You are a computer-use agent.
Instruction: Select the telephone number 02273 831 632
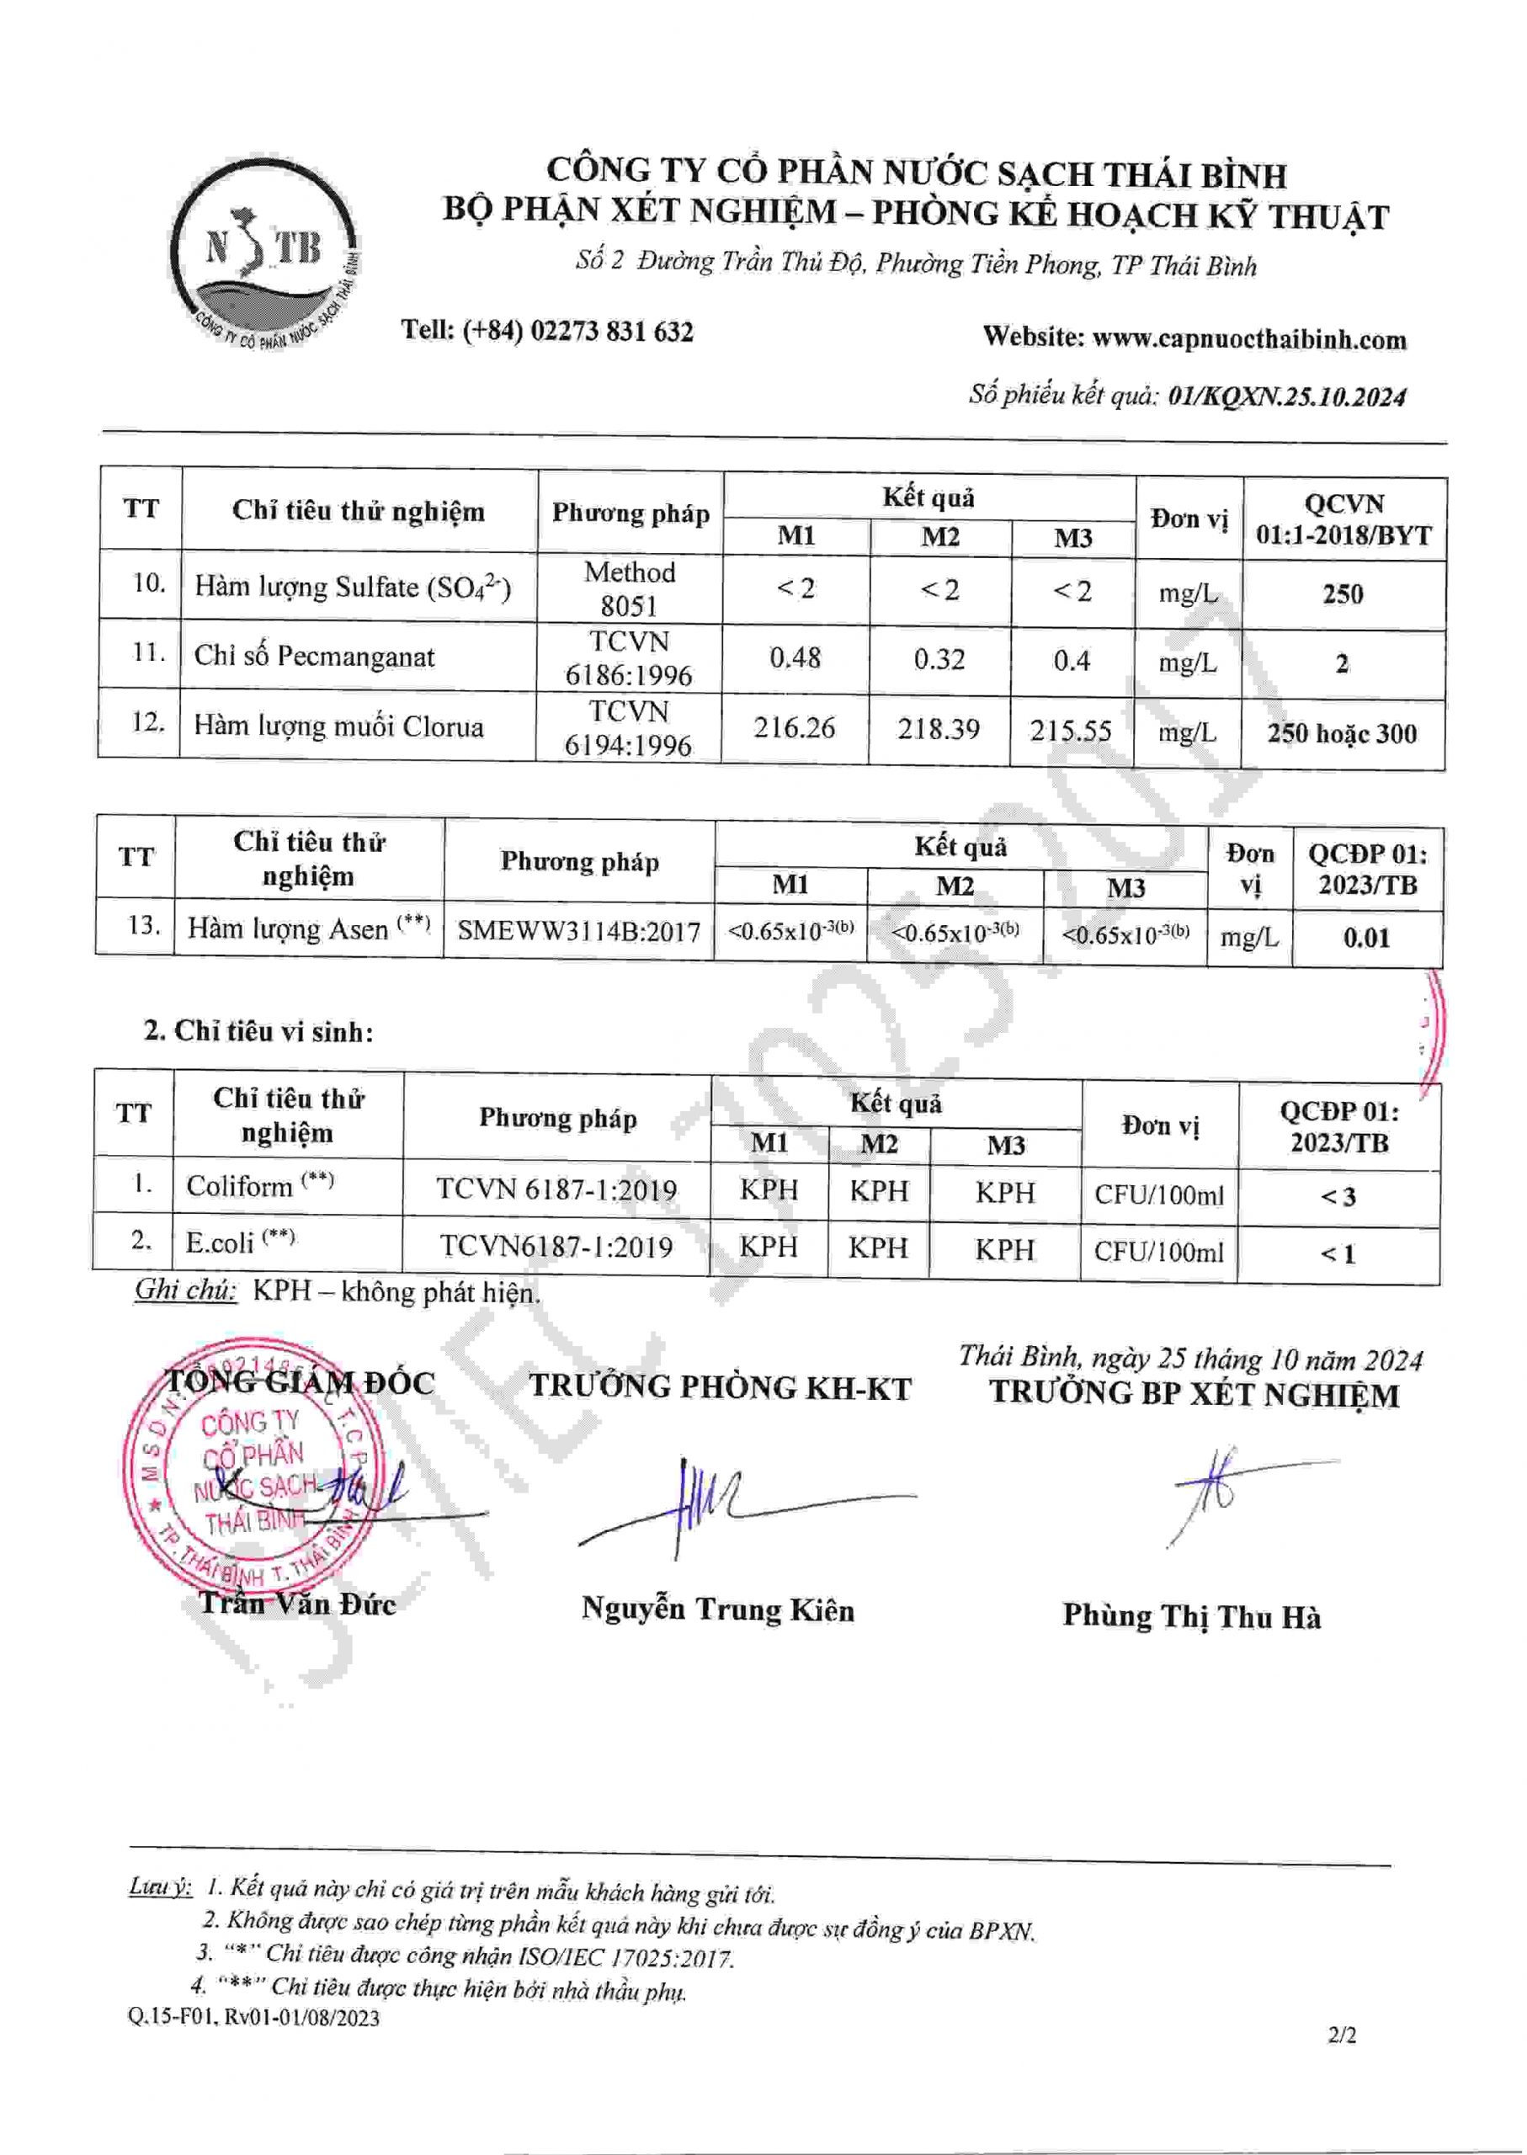tap(611, 331)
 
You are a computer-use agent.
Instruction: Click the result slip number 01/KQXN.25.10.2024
tap(1286, 396)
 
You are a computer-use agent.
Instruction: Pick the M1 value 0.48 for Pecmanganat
tap(795, 657)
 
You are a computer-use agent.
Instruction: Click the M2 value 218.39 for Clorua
tap(938, 729)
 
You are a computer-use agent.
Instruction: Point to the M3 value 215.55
tap(1070, 731)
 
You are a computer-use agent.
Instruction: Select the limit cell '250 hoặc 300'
tap(1341, 733)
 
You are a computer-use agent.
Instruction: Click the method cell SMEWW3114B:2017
tap(578, 932)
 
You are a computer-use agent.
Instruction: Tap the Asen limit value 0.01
tap(1365, 938)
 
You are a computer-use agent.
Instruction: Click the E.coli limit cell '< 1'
tap(1337, 1253)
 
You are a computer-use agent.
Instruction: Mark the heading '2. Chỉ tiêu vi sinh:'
tap(258, 1031)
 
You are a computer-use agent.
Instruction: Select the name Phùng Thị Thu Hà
tap(1191, 1616)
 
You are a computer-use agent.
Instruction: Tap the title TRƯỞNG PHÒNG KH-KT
tap(721, 1388)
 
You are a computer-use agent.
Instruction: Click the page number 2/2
tap(1342, 2035)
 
